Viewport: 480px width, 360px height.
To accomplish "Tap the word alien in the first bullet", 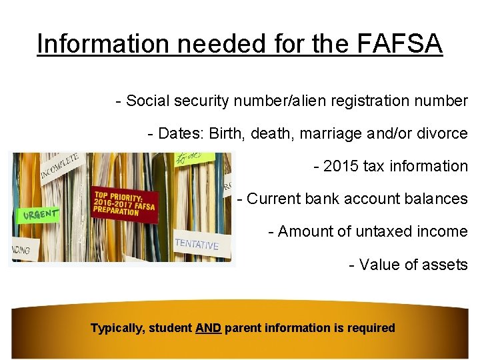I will point(317,101).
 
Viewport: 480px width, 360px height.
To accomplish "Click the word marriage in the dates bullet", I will point(329,133).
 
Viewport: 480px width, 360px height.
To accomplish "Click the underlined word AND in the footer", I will point(209,328).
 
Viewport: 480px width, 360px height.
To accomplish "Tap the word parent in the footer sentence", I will point(243,328).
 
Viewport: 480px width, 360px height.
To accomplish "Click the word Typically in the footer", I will point(117,328).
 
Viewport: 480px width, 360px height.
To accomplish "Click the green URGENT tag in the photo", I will point(37,215).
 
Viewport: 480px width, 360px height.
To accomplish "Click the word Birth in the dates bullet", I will point(227,133).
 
